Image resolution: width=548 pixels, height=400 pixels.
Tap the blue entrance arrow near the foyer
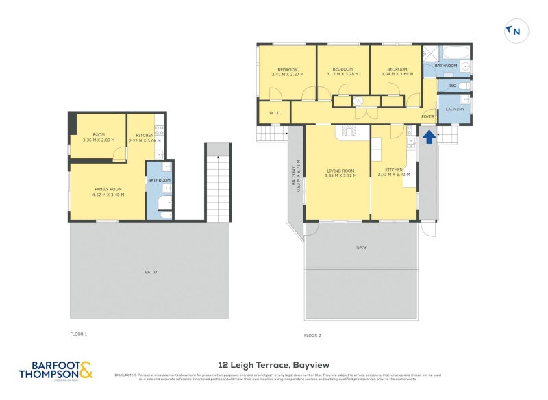click(428, 137)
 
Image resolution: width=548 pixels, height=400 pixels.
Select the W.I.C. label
click(275, 113)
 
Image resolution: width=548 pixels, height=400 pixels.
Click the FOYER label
click(428, 117)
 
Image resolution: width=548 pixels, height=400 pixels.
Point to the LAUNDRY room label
click(455, 109)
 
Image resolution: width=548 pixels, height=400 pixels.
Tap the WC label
click(451, 86)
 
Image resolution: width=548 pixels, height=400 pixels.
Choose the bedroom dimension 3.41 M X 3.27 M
click(287, 74)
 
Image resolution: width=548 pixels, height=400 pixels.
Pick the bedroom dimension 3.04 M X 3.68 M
click(397, 74)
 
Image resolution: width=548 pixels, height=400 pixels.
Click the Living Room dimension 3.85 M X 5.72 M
click(340, 175)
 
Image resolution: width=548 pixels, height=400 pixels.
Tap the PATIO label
click(151, 272)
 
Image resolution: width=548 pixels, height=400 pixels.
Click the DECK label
click(362, 248)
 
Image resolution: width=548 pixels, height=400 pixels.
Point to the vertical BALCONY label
click(295, 179)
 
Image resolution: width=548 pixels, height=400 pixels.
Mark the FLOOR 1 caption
click(79, 334)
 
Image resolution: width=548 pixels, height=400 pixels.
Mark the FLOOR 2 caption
click(312, 336)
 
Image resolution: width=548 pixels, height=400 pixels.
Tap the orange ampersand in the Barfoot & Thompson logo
click(86, 371)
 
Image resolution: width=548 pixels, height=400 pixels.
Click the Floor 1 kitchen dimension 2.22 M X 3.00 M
click(145, 140)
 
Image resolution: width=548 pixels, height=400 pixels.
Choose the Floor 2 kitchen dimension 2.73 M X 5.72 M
click(394, 175)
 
